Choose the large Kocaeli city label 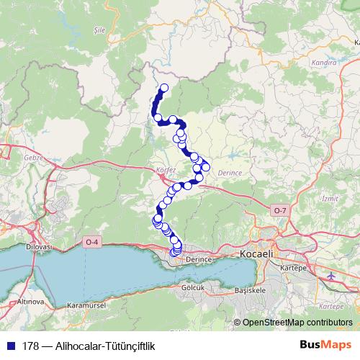pyautogui.click(x=258, y=255)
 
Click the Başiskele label pyautogui.click(x=251, y=290)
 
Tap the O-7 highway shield pyautogui.click(x=279, y=210)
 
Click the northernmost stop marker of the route pyautogui.click(x=164, y=88)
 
